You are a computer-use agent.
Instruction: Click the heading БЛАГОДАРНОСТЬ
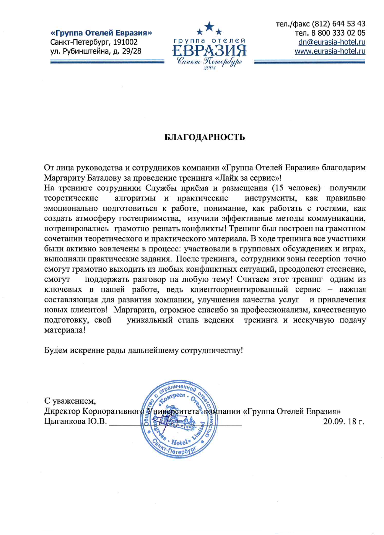point(204,137)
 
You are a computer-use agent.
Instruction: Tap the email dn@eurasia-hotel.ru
point(332,42)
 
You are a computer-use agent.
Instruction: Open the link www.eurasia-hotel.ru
point(330,51)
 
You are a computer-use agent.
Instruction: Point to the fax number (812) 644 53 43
point(338,24)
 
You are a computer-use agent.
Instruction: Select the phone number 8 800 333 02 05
point(338,33)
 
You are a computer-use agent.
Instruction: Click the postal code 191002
point(125,42)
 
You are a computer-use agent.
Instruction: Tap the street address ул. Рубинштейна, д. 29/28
point(96,51)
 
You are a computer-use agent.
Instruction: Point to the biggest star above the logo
point(209,26)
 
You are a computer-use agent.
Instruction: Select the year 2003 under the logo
point(210,68)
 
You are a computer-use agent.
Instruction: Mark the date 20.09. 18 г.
point(343,421)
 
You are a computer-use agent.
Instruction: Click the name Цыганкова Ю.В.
point(75,421)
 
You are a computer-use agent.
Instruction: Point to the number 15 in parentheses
point(280,188)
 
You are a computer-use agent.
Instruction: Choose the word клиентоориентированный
point(239,289)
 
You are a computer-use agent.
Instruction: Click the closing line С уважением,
point(70,401)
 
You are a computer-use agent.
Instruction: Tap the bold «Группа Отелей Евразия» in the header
point(101,33)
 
